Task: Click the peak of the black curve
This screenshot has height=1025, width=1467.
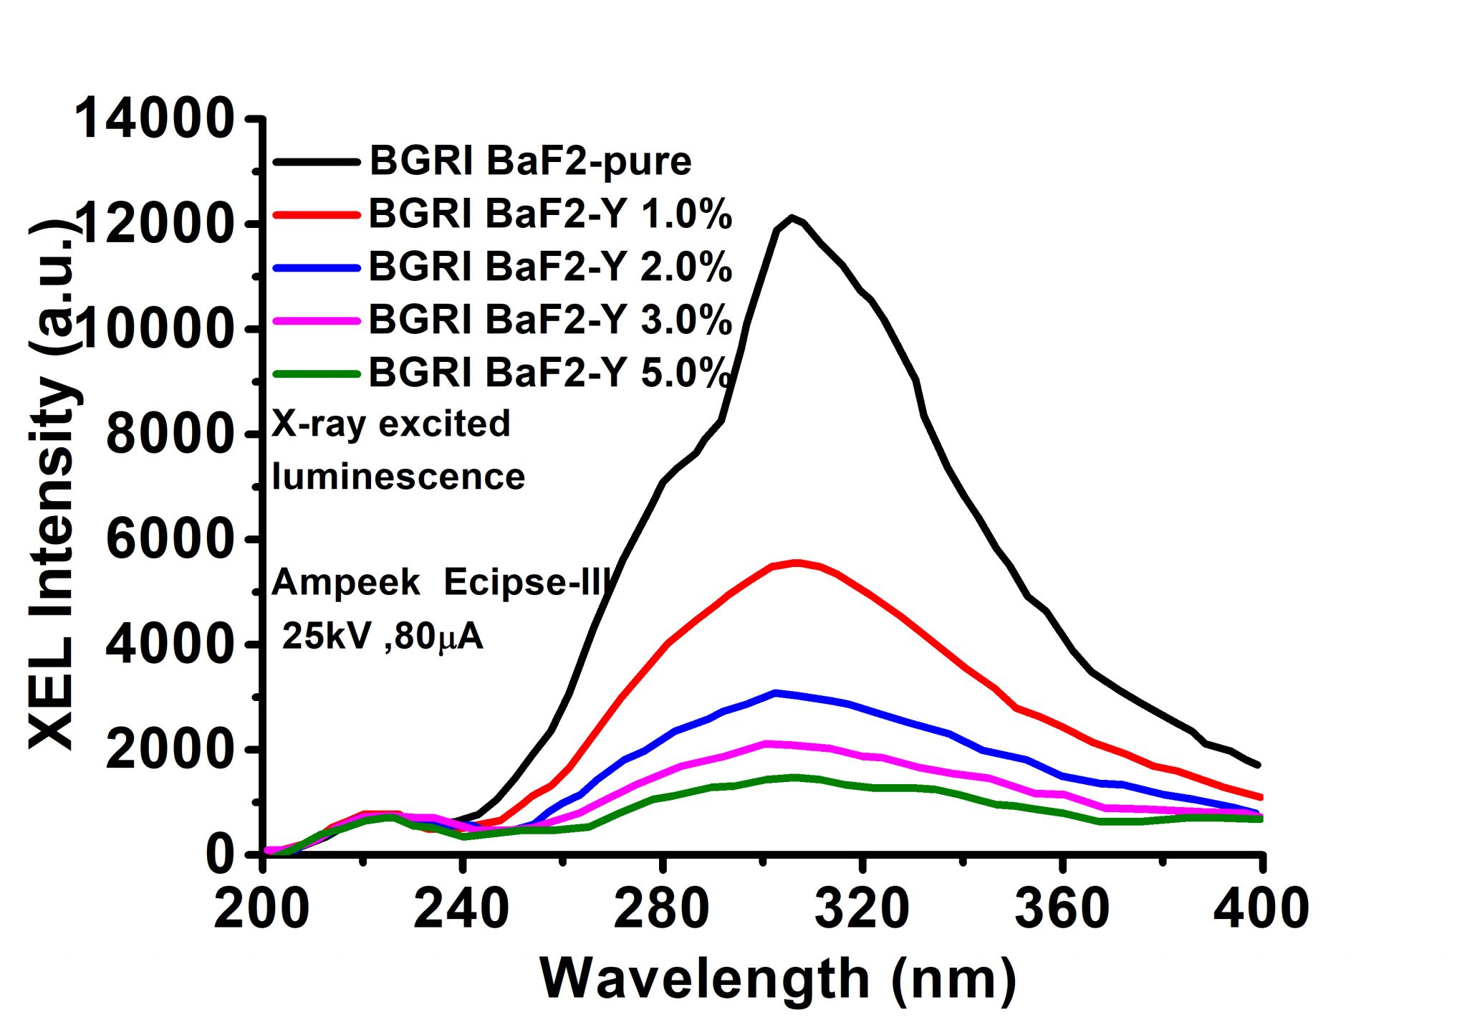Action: click(x=791, y=216)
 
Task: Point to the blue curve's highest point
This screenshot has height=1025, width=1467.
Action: click(x=776, y=692)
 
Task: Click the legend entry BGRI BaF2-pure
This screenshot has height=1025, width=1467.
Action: click(x=530, y=161)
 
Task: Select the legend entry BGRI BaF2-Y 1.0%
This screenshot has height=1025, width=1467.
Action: click(x=549, y=214)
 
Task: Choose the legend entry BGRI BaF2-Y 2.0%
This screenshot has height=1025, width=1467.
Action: click(x=549, y=267)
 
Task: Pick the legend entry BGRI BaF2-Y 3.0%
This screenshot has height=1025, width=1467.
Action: click(x=549, y=320)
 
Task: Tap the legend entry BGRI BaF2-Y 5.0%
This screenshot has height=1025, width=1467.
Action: click(x=549, y=373)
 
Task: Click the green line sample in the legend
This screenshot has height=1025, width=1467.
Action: click(x=316, y=373)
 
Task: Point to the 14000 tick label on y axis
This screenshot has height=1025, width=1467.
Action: click(x=154, y=119)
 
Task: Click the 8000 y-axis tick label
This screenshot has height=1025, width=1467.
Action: click(x=169, y=434)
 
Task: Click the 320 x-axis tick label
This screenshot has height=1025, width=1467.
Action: click(x=862, y=909)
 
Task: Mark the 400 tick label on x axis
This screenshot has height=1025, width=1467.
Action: click(x=1261, y=909)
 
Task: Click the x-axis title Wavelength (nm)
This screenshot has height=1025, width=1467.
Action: click(x=777, y=979)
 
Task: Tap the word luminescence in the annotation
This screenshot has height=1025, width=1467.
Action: click(x=398, y=477)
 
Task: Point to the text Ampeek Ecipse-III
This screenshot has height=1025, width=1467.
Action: click(x=441, y=582)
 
